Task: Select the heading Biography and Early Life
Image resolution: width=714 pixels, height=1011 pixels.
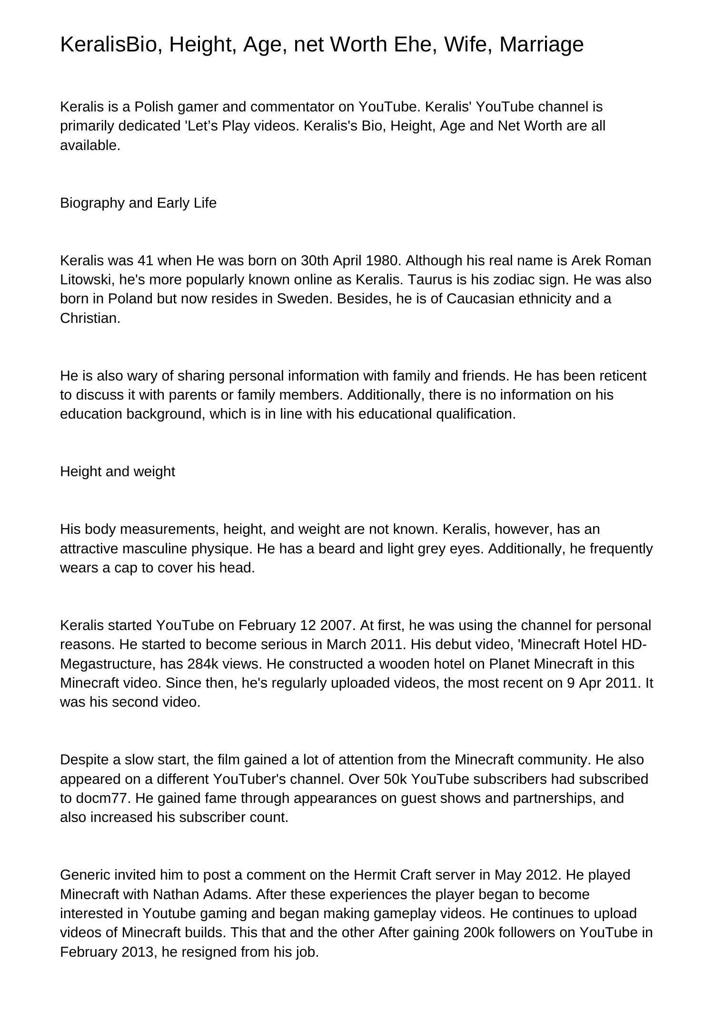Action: (x=138, y=203)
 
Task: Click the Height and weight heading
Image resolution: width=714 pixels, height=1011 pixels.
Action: (x=118, y=471)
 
